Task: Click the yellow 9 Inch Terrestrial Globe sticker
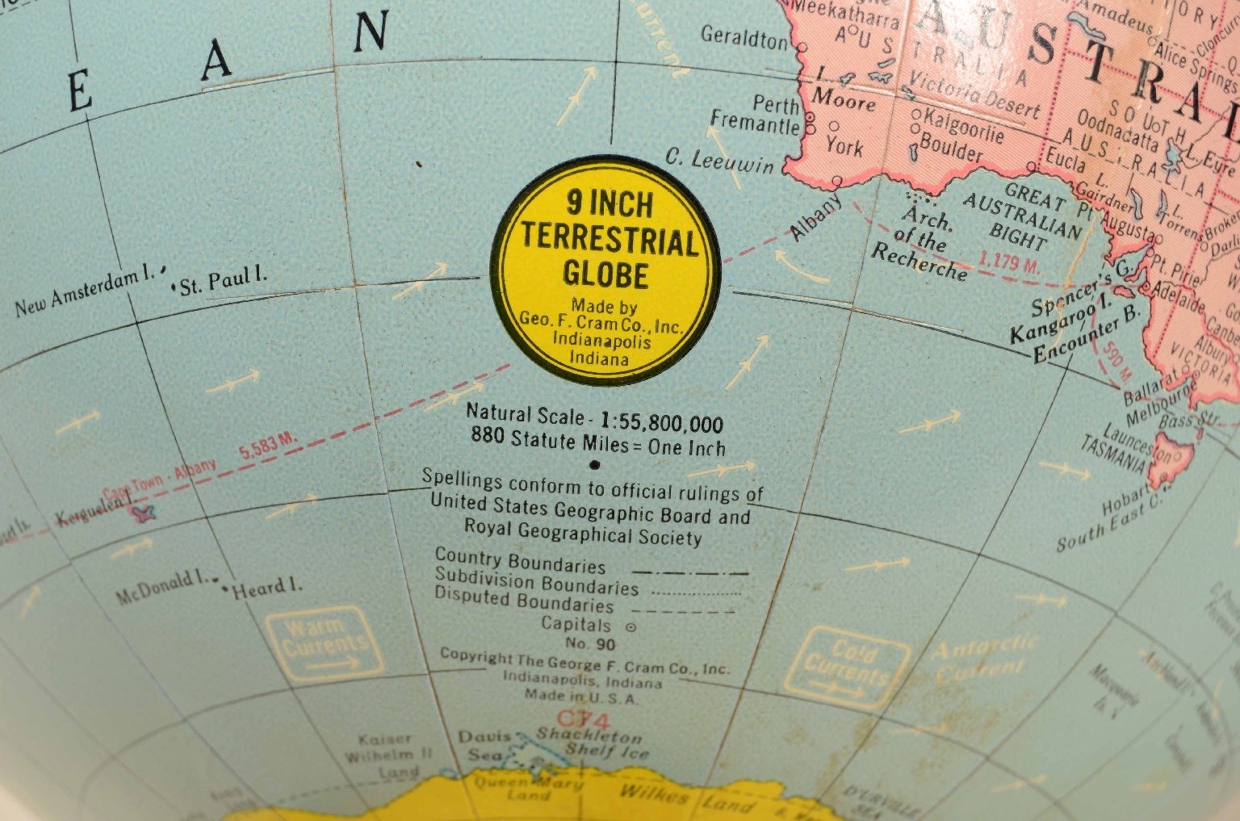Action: click(x=606, y=271)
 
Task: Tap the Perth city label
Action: click(x=775, y=104)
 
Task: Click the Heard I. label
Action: click(x=266, y=588)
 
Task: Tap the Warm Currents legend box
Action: click(x=324, y=643)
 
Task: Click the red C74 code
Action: click(x=582, y=718)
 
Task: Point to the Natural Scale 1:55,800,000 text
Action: click(x=595, y=418)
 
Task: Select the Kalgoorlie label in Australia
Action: click(x=961, y=123)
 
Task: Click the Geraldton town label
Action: click(x=744, y=37)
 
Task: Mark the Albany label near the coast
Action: click(x=815, y=217)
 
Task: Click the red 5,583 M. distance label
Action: click(x=268, y=445)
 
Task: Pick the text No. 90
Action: click(x=590, y=643)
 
